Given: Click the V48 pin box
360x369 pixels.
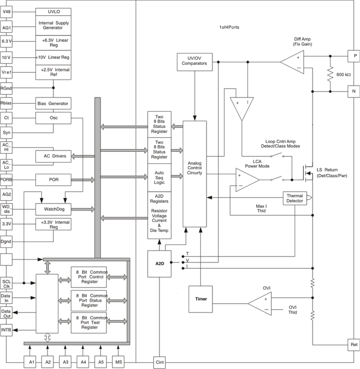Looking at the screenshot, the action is (x=6, y=12).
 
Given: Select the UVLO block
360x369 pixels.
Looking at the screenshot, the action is (x=54, y=12).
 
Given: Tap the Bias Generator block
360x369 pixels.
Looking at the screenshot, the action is (x=54, y=103).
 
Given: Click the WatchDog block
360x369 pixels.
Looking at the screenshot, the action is (x=54, y=209).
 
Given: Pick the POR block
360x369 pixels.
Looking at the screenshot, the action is (x=54, y=180).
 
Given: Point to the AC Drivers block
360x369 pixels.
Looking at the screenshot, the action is (x=54, y=156).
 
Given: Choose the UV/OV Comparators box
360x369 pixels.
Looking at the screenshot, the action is (x=195, y=62).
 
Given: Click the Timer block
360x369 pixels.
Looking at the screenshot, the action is (x=201, y=299).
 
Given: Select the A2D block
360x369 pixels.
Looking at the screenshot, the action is (x=160, y=264).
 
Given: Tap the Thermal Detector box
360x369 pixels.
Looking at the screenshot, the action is (x=295, y=198).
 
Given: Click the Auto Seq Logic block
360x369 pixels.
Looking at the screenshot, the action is (x=160, y=177).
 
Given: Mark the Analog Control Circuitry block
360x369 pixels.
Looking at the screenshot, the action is (x=195, y=174).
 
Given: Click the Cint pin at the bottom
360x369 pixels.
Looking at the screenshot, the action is (x=160, y=362).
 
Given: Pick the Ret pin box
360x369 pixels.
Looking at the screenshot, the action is (x=354, y=345).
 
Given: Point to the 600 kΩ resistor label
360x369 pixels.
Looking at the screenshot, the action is (x=344, y=74).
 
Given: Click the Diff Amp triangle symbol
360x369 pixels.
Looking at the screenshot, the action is (x=292, y=62).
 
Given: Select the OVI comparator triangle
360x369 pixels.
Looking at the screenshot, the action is (x=260, y=304).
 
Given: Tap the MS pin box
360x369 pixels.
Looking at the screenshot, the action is (x=118, y=362).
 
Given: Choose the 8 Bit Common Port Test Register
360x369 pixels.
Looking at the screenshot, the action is (x=89, y=323).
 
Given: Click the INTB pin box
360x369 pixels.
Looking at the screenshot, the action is (x=6, y=330).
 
